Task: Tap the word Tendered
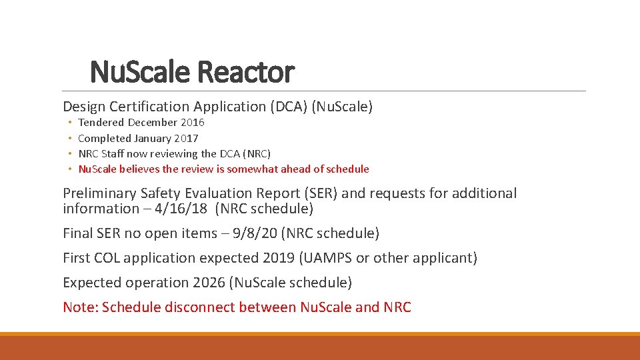(x=101, y=123)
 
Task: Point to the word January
(x=153, y=139)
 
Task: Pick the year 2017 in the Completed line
(x=186, y=139)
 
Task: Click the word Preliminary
(x=100, y=193)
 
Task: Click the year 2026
(x=209, y=283)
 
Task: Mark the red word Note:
(x=80, y=307)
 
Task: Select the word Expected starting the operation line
(x=91, y=283)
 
